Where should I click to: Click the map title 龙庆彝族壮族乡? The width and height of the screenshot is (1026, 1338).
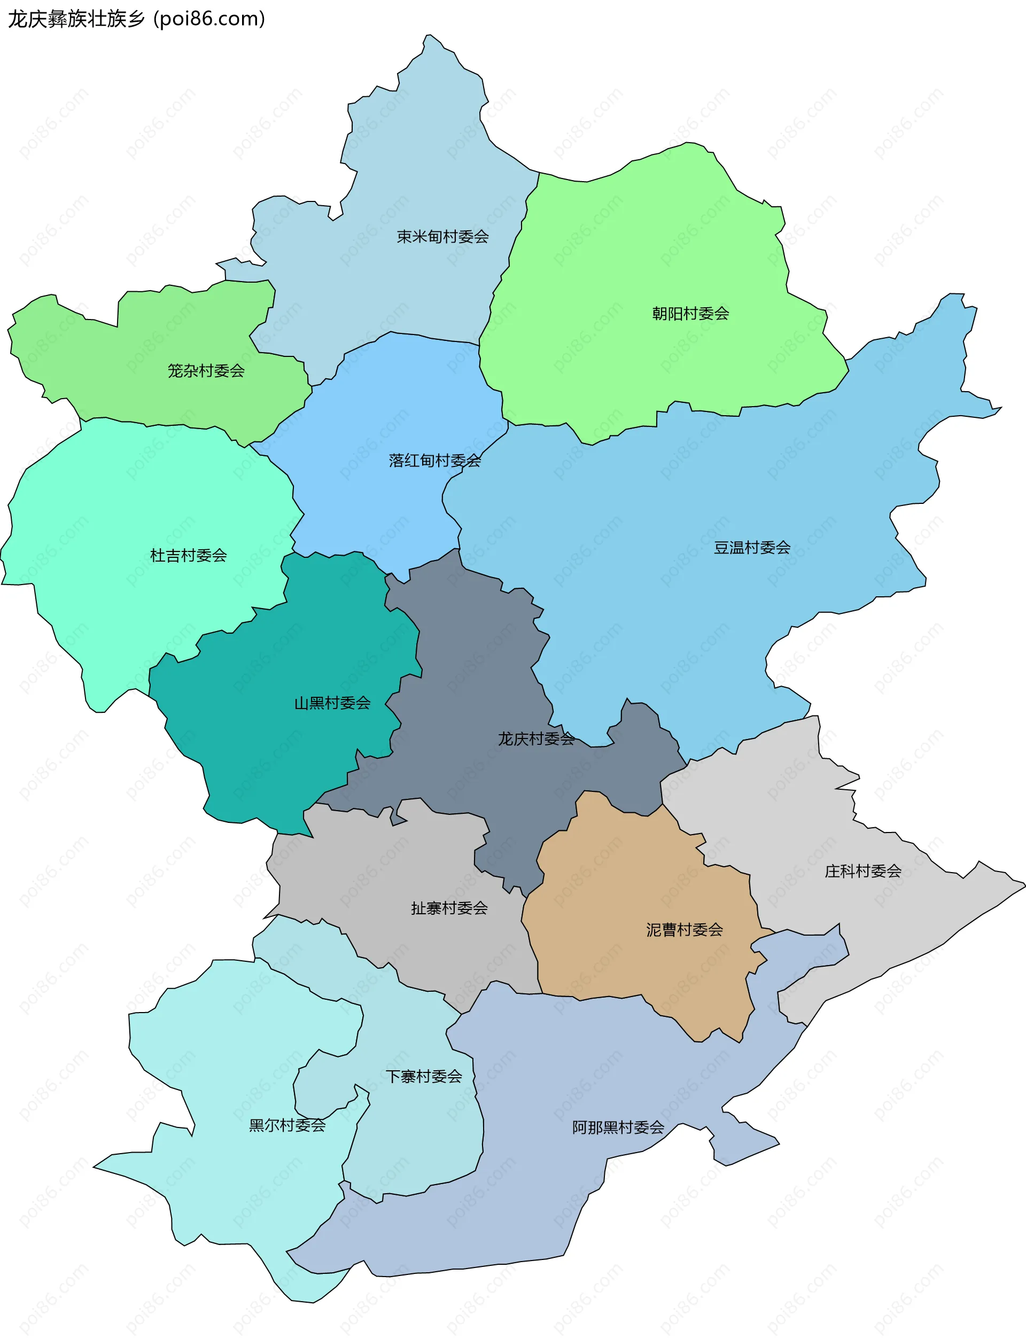point(76,19)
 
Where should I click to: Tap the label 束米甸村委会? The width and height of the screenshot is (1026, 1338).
point(443,236)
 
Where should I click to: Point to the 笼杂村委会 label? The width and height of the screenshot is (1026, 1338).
point(206,371)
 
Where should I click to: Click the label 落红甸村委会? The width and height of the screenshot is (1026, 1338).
point(435,461)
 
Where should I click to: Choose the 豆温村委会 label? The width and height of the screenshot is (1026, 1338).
point(752,547)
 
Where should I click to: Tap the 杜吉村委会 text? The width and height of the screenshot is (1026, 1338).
point(188,555)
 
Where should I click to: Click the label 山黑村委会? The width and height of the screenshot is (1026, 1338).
point(332,703)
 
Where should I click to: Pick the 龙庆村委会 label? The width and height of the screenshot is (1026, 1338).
point(535,739)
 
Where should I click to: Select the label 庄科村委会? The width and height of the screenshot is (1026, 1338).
point(862,871)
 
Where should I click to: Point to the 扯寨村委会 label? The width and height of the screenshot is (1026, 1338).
point(449,908)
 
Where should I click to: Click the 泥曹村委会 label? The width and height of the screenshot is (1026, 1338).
point(684,929)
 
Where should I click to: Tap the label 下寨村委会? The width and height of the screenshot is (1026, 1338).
point(423,1076)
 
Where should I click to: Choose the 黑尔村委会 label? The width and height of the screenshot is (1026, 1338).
point(287,1125)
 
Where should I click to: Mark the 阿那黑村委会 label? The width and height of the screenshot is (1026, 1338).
point(618,1127)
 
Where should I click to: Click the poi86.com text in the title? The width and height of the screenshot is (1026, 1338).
point(209,19)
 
